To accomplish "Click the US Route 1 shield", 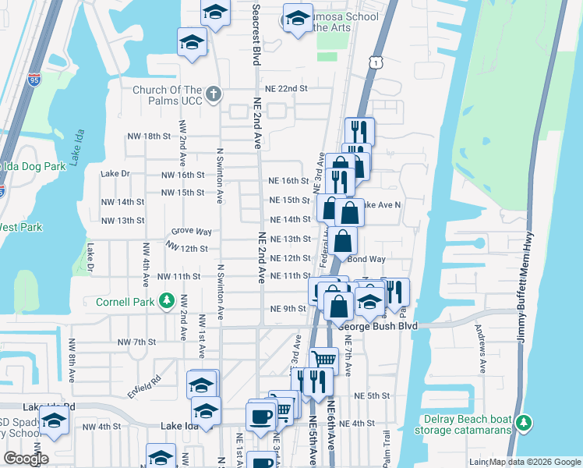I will click(377, 62).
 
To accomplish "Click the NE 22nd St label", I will click(286, 89).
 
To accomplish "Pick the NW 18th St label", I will click(149, 136).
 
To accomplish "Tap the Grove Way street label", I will click(192, 232).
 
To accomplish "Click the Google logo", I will click(26, 459).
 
